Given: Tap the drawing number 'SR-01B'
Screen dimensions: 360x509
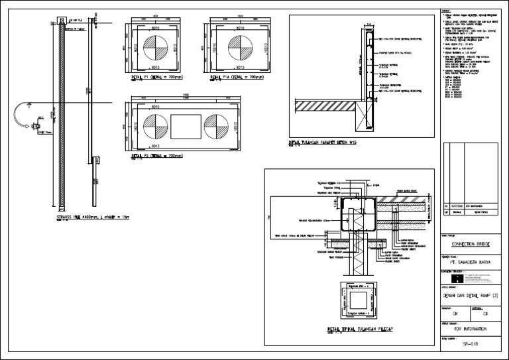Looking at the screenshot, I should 470,345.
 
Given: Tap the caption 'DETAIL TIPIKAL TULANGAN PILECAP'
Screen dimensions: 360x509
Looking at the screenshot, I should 361,329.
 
